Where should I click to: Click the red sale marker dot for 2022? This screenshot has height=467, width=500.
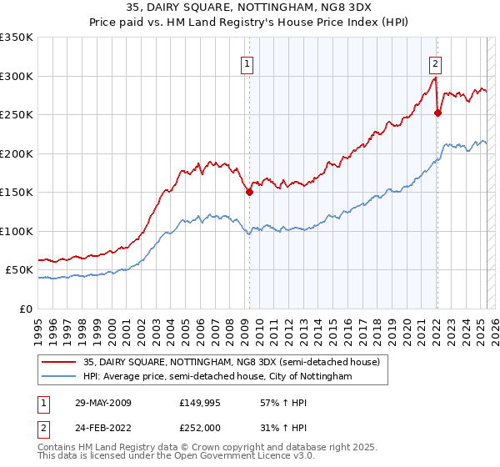coord(437,113)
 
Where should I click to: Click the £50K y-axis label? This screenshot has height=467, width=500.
coord(20,270)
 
